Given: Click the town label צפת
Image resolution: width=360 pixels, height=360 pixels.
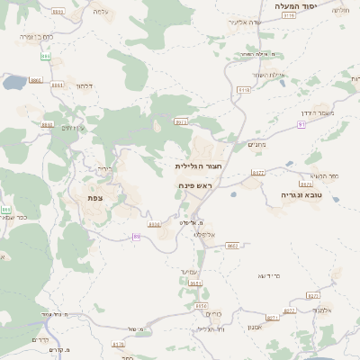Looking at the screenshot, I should click(x=94, y=197).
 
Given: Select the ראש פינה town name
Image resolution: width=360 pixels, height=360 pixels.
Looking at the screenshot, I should click(x=194, y=185).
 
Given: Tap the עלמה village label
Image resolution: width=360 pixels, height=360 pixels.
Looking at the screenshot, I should click(x=100, y=13).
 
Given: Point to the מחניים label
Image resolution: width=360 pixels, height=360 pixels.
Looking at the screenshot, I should click(x=256, y=144).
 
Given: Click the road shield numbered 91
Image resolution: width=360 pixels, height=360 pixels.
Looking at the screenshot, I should click(x=301, y=125).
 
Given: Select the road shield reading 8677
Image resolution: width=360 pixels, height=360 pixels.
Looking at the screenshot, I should click(x=257, y=172).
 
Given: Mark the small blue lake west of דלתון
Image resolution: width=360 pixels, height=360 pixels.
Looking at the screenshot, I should click(x=13, y=83).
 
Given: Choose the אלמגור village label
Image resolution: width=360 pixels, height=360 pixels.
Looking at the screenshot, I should click(x=324, y=310).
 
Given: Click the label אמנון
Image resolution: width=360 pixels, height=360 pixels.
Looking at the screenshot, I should click(x=254, y=328).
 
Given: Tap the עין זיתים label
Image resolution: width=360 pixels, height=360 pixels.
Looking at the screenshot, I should click(x=72, y=128).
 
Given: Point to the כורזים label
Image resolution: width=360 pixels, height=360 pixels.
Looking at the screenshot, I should click(x=214, y=313).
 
